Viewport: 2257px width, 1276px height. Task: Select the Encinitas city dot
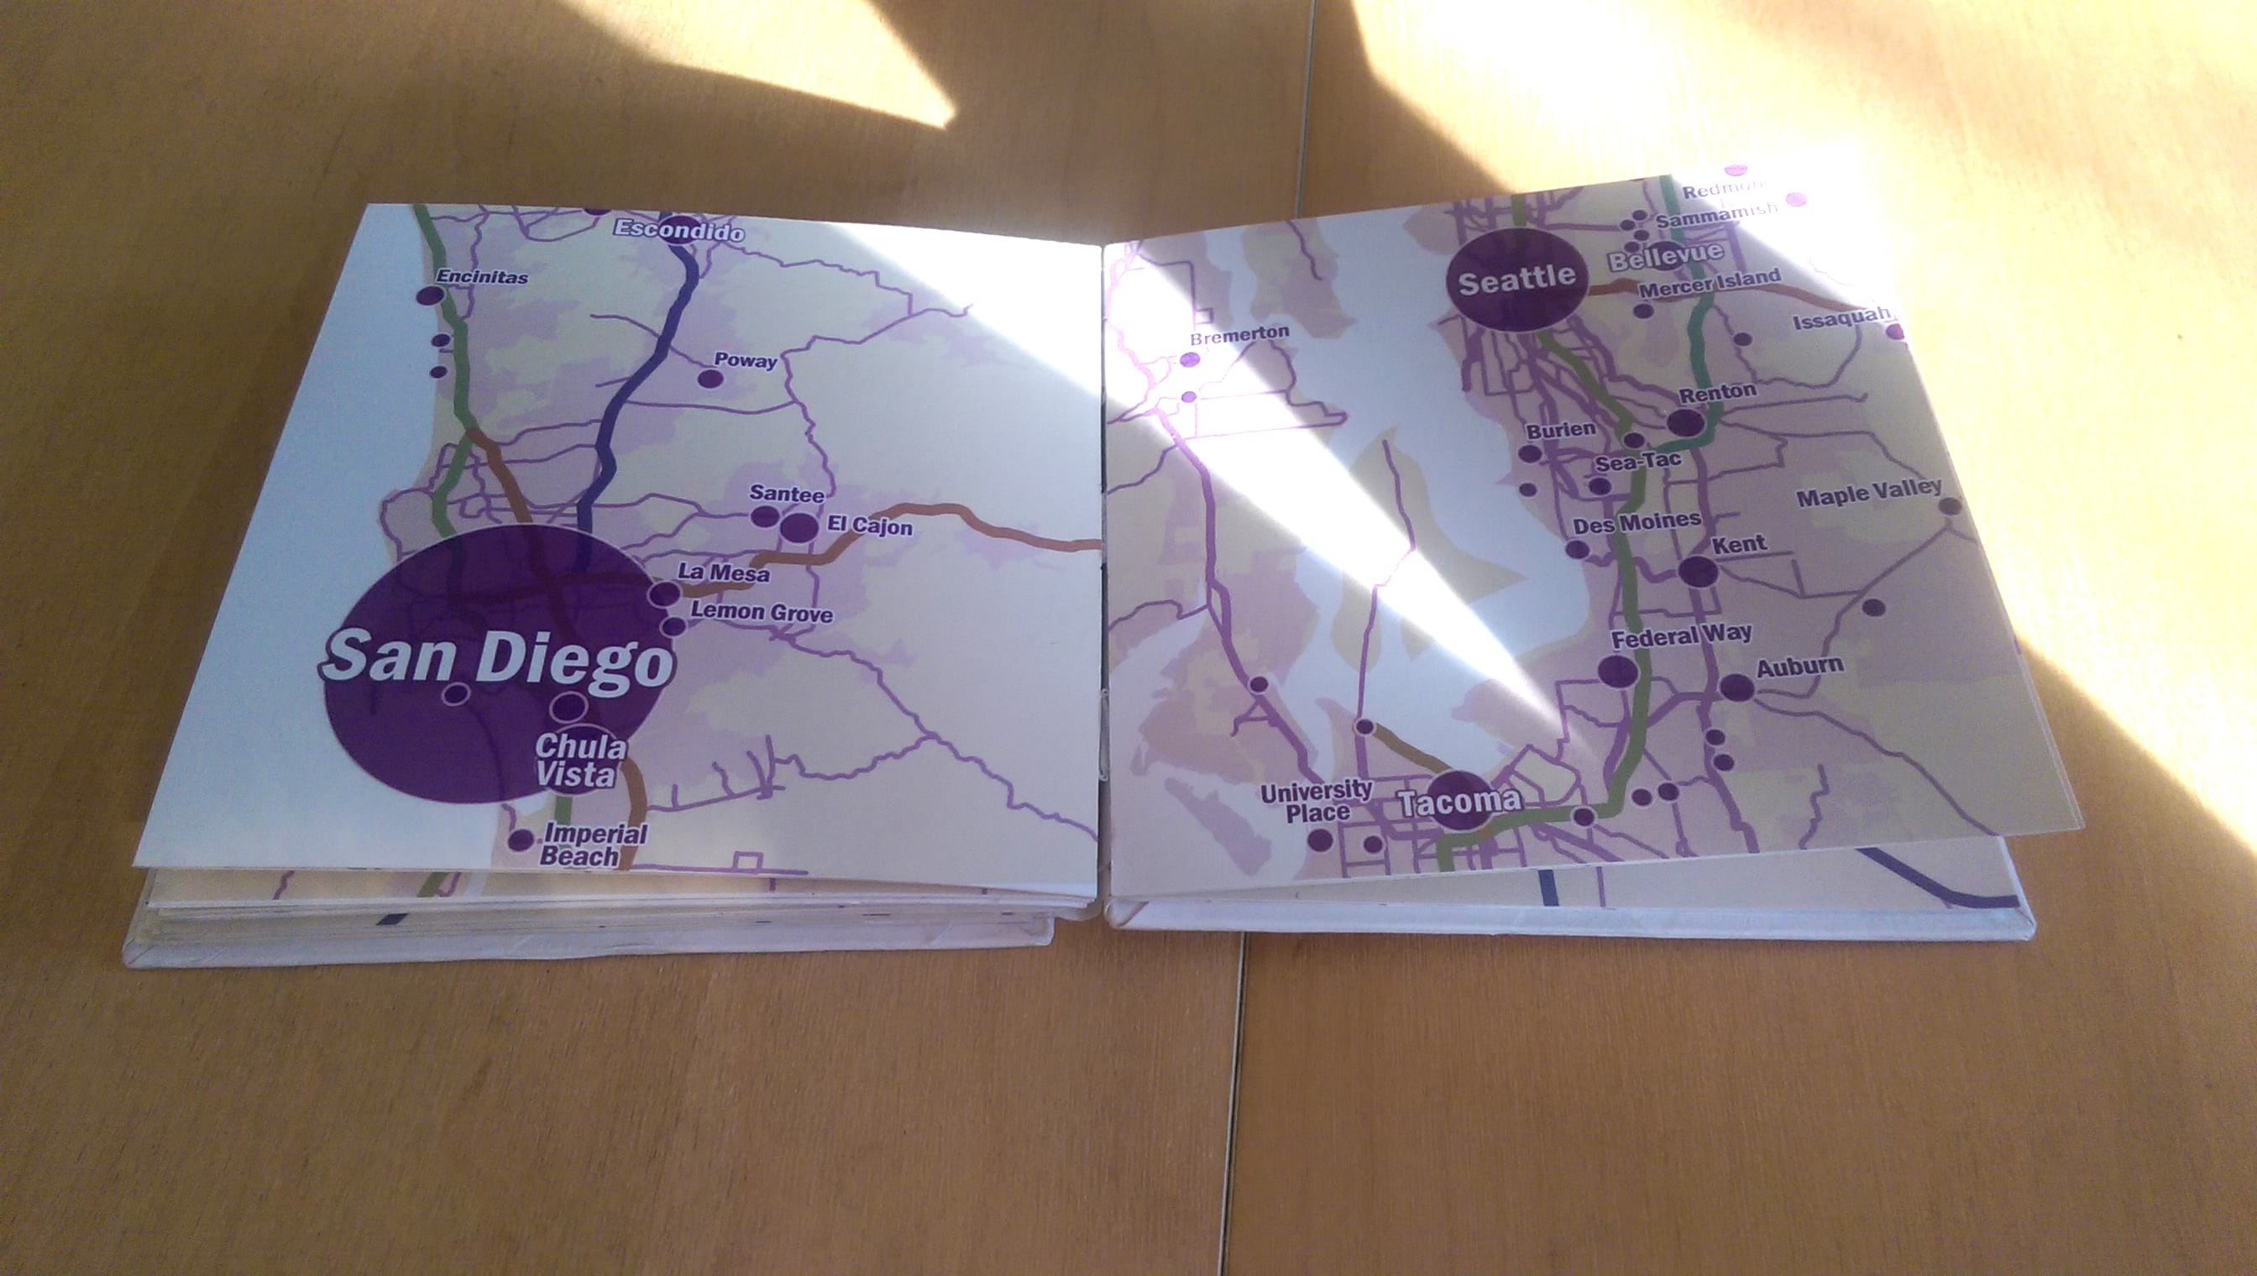(x=427, y=296)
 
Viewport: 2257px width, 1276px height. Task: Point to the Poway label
(x=745, y=360)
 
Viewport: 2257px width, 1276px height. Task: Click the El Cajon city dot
(x=799, y=527)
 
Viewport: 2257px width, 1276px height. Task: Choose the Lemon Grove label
(x=762, y=613)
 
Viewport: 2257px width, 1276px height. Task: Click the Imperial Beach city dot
(x=521, y=839)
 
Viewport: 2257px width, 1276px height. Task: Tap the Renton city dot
(x=1684, y=423)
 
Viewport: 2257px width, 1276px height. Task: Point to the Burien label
(x=1561, y=431)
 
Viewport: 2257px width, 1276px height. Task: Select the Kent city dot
(x=1699, y=572)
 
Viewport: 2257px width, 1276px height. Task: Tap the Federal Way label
(x=1682, y=635)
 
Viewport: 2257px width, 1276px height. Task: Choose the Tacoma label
(x=1459, y=801)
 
